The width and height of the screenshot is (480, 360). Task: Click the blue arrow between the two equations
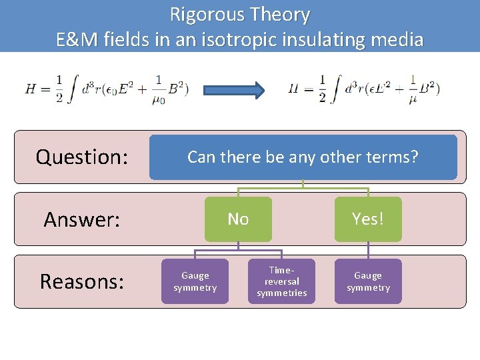click(233, 89)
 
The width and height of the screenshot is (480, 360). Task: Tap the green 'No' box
click(238, 219)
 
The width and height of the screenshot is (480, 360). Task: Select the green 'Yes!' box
click(368, 219)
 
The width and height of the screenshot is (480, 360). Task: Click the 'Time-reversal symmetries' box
click(281, 281)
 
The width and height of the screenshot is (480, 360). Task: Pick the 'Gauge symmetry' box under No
click(195, 281)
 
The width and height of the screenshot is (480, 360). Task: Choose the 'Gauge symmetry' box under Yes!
click(368, 281)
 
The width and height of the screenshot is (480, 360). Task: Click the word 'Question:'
click(81, 157)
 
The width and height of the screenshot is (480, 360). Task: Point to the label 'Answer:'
click(81, 219)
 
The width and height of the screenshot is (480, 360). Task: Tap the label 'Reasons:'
click(81, 282)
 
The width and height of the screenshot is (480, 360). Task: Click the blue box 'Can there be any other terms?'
click(303, 157)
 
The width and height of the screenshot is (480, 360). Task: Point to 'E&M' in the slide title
click(78, 39)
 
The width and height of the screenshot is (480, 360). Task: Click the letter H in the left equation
click(31, 89)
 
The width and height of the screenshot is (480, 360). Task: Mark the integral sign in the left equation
click(77, 89)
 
